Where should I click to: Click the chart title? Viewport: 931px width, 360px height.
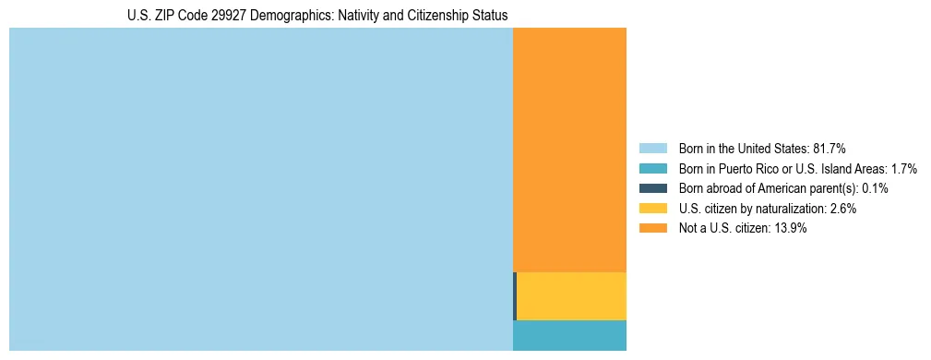click(x=317, y=16)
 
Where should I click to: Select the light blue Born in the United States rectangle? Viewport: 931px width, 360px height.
click(x=260, y=189)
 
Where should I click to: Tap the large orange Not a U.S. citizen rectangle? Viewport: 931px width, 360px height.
click(x=569, y=150)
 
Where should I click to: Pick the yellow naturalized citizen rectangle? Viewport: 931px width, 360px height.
click(x=571, y=296)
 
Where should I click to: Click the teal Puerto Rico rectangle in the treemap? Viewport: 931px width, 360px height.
click(x=569, y=335)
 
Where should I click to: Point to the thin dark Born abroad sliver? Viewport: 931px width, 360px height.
click(x=515, y=296)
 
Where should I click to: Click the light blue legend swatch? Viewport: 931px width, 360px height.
click(x=652, y=149)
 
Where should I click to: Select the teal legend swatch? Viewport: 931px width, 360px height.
click(x=652, y=169)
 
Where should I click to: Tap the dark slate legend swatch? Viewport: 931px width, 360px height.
click(x=652, y=188)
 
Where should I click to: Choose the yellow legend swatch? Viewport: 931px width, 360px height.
click(x=652, y=209)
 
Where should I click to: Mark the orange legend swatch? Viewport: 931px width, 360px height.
click(x=652, y=228)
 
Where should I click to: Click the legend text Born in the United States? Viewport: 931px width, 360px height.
click(x=743, y=149)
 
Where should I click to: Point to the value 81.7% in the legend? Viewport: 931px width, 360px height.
click(x=830, y=149)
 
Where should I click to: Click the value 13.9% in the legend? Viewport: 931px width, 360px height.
click(x=791, y=228)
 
